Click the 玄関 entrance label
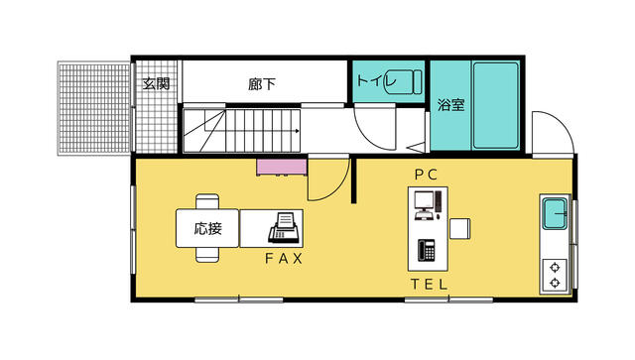(156, 84)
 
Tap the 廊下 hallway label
(262, 84)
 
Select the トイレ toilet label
(377, 79)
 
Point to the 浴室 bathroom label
(450, 104)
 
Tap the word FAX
(284, 259)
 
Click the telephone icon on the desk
(427, 250)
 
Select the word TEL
(430, 285)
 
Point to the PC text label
(426, 175)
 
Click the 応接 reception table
(207, 228)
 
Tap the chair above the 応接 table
(207, 201)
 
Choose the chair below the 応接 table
(207, 255)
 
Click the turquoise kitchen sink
(555, 213)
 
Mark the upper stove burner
(555, 268)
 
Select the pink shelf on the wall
(282, 168)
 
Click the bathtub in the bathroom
(496, 105)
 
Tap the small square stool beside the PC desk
(459, 228)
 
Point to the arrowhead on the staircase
(298, 131)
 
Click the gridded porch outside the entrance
(94, 108)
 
